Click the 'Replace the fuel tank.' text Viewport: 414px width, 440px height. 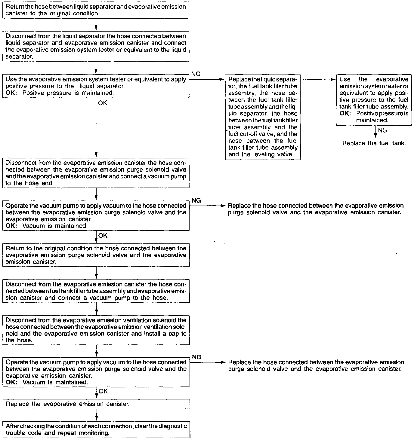click(x=374, y=143)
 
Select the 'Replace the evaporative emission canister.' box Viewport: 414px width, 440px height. click(x=96, y=404)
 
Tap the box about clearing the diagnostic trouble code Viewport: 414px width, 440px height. click(x=96, y=430)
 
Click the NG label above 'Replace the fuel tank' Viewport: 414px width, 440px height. click(x=383, y=130)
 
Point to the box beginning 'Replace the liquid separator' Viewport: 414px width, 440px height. click(x=263, y=117)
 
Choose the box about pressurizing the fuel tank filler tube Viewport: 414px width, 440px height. click(x=374, y=100)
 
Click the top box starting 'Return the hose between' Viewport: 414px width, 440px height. click(x=96, y=10)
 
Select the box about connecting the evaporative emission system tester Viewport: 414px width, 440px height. click(x=96, y=46)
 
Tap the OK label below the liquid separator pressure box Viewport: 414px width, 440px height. click(x=103, y=103)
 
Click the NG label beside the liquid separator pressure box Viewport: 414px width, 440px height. click(x=196, y=74)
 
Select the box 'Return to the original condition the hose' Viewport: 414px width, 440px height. click(x=96, y=255)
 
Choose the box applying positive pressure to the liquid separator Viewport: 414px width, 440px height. click(x=96, y=86)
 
